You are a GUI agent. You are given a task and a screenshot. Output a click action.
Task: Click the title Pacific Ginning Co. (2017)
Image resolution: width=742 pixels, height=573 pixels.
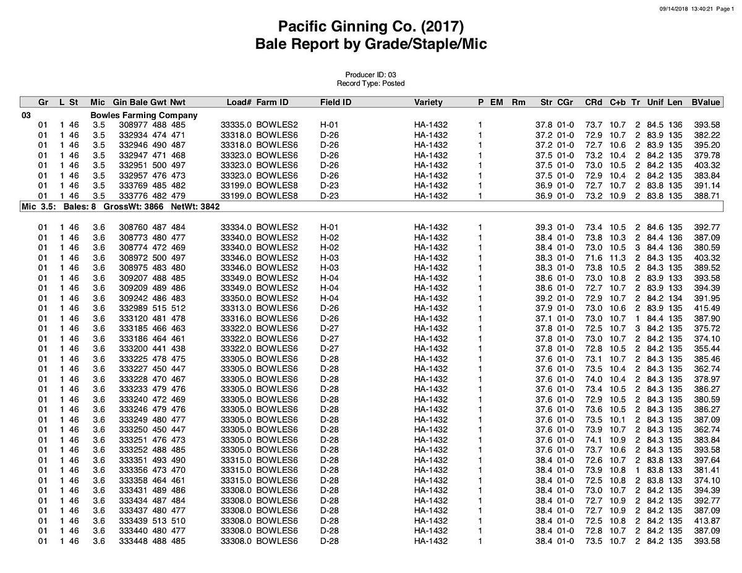(370, 27)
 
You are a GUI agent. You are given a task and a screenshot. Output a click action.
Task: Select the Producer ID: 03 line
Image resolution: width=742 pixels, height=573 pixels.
(370, 75)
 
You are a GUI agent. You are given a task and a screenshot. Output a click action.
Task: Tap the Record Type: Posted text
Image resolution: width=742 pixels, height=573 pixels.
(370, 83)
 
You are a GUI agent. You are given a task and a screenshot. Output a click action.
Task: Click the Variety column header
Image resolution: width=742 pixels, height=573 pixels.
(428, 103)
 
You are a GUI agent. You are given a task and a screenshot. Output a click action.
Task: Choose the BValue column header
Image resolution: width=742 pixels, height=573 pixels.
(706, 103)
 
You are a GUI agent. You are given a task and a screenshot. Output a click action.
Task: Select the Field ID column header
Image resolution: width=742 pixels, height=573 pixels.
(336, 103)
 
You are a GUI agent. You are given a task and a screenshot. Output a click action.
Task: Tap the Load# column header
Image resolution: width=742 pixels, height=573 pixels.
(239, 103)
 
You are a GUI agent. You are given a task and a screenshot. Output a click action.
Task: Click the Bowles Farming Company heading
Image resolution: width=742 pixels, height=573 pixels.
(144, 115)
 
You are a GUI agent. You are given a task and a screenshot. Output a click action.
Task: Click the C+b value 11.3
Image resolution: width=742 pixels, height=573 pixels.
(618, 258)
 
